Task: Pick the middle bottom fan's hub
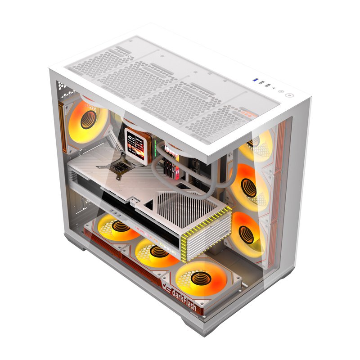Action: pyautogui.click(x=157, y=252)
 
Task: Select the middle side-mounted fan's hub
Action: pyautogui.click(x=247, y=187)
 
